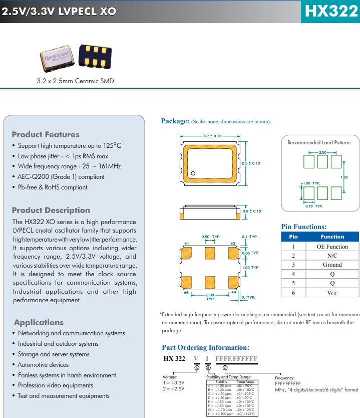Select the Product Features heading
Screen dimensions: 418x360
[x=46, y=134]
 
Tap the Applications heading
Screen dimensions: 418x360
[x=39, y=322]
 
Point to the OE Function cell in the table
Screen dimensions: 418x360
[x=332, y=246]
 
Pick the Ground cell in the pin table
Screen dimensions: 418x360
[x=332, y=265]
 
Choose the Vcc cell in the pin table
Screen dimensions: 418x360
[x=332, y=293]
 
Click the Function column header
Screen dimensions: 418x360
[x=332, y=237]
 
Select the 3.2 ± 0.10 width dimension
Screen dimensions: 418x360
[x=212, y=136]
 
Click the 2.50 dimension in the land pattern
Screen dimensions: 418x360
[x=322, y=152]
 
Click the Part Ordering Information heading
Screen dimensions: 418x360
[x=205, y=347]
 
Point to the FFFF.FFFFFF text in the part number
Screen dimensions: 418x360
[x=236, y=359]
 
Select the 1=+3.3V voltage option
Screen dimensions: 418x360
[x=174, y=383]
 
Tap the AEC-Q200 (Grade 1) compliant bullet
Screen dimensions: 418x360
[x=61, y=176]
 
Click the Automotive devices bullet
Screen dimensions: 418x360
[x=43, y=364]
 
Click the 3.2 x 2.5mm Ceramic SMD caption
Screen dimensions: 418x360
[x=75, y=81]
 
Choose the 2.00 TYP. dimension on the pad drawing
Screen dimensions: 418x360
[x=210, y=297]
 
